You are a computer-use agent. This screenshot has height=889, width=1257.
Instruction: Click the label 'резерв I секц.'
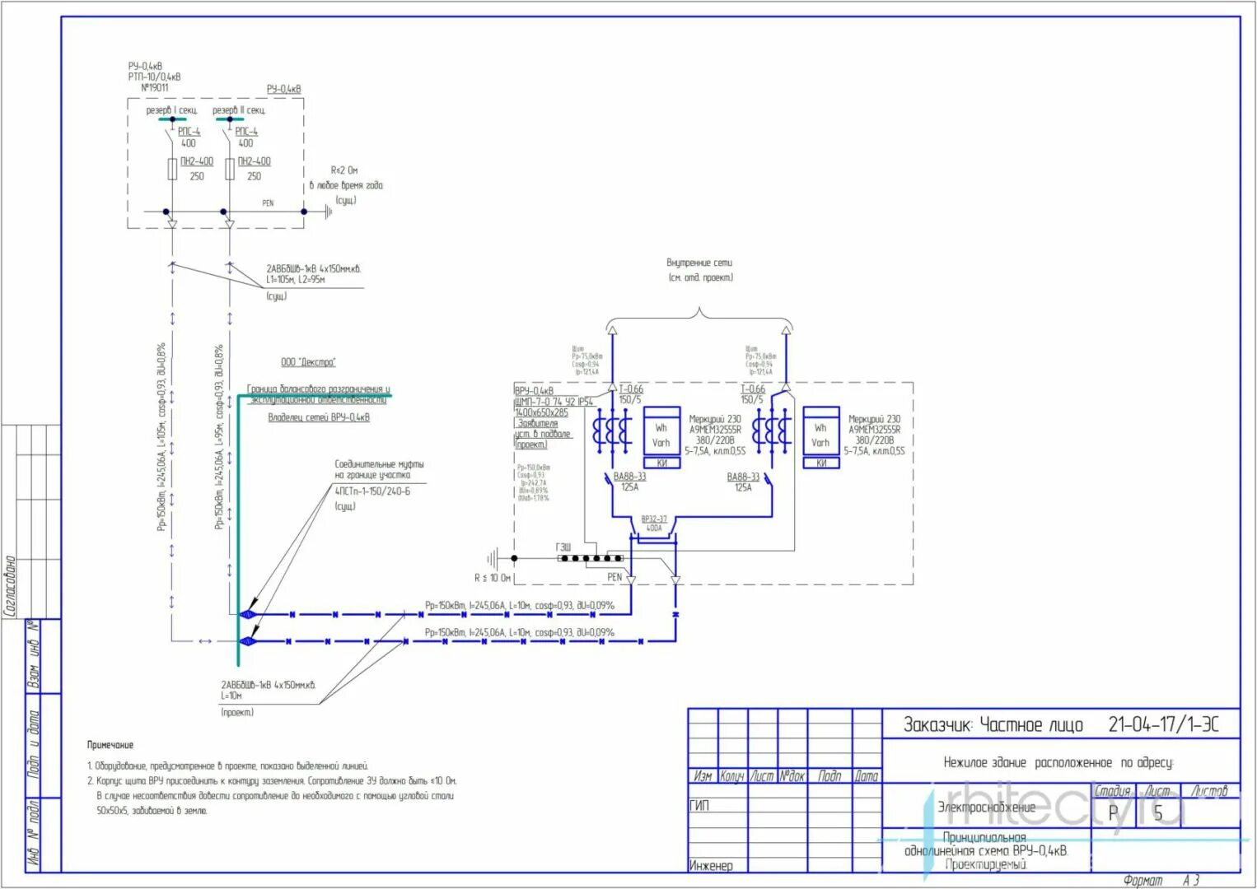pos(171,110)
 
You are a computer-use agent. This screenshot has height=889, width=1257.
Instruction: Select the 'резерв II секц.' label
pos(239,110)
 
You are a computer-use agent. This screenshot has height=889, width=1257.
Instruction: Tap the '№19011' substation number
pos(154,87)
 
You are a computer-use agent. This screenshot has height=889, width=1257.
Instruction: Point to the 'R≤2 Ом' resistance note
pos(344,170)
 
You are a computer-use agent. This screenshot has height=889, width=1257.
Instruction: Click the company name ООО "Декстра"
pos(308,362)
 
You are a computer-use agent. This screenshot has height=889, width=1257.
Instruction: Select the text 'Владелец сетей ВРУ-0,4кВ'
pos(319,417)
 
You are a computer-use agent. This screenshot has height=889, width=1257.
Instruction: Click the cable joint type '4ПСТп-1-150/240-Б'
pos(372,491)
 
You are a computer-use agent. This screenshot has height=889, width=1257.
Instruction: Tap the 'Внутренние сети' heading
pos(699,263)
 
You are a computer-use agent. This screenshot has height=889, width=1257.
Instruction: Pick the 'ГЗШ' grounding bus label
pos(563,547)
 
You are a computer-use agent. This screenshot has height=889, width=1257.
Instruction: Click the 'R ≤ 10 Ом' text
pos(493,578)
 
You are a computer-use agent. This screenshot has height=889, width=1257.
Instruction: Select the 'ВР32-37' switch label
pos(654,519)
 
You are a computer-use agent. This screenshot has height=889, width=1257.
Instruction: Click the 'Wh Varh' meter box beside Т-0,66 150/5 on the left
pos(661,435)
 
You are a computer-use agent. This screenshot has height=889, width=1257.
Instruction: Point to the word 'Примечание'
pos(110,745)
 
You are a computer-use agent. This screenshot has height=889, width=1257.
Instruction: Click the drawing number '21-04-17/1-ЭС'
pos(1162,724)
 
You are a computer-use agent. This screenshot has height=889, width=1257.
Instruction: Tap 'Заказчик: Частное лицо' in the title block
pos(993,724)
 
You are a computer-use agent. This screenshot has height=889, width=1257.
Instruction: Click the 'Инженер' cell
pos(710,865)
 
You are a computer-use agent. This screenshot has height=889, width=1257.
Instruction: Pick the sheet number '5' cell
pos(1157,813)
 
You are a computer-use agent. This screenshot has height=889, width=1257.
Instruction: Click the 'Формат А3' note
pos(1161,881)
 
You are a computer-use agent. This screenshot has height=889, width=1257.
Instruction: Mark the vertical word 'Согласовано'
pos(11,585)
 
